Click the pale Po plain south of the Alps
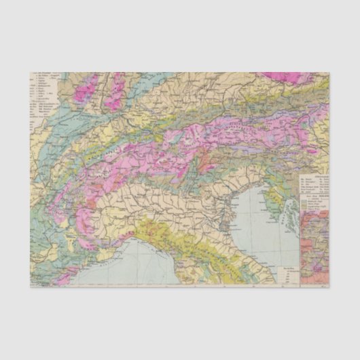pos(170,197)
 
